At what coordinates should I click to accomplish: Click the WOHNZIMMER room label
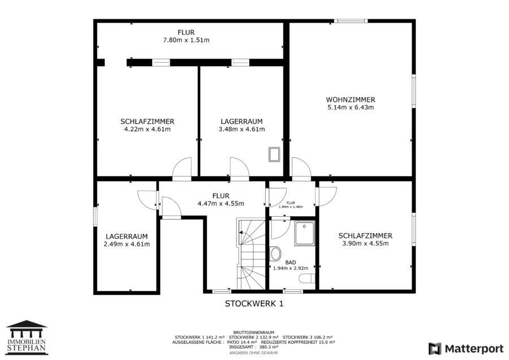pyautogui.click(x=351, y=100)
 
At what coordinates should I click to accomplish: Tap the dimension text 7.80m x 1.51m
pyautogui.click(x=186, y=40)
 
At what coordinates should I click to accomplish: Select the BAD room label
pyautogui.click(x=291, y=263)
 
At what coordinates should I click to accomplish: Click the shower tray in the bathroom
pyautogui.click(x=304, y=233)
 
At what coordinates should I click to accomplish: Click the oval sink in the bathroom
pyautogui.click(x=275, y=254)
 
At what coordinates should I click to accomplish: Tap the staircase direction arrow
pyautogui.click(x=241, y=232)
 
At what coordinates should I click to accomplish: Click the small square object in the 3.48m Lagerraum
pyautogui.click(x=274, y=155)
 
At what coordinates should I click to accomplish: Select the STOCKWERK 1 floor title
pyautogui.click(x=254, y=303)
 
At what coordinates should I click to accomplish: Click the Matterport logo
pyautogui.click(x=466, y=349)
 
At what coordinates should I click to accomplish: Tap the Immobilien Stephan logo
pyautogui.click(x=27, y=337)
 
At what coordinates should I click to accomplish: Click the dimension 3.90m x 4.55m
pyautogui.click(x=365, y=244)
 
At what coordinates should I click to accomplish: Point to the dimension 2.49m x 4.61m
pyautogui.click(x=127, y=244)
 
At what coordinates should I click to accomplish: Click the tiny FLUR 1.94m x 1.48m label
pyautogui.click(x=291, y=205)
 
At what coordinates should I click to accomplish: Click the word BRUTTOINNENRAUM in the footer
pyautogui.click(x=253, y=333)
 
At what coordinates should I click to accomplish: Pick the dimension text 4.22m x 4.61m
pyautogui.click(x=148, y=129)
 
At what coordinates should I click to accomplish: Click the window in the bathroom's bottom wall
pyautogui.click(x=293, y=292)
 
